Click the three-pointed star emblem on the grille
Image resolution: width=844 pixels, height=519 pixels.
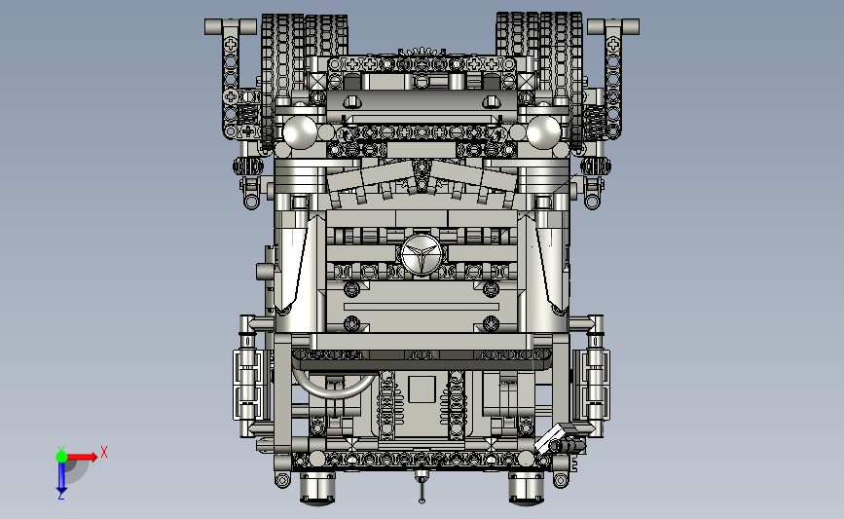pos(421,255)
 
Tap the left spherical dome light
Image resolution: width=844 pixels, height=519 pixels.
pos(300,131)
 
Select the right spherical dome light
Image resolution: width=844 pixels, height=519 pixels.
pos(543,131)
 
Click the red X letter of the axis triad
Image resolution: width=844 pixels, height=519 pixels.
pos(104,452)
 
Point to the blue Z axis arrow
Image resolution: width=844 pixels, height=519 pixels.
pos(61,476)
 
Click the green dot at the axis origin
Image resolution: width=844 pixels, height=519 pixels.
pos(62,457)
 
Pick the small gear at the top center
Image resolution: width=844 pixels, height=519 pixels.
pos(422,52)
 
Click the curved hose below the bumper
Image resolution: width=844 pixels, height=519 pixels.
pos(333,389)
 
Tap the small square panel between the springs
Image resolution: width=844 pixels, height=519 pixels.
pos(422,389)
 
